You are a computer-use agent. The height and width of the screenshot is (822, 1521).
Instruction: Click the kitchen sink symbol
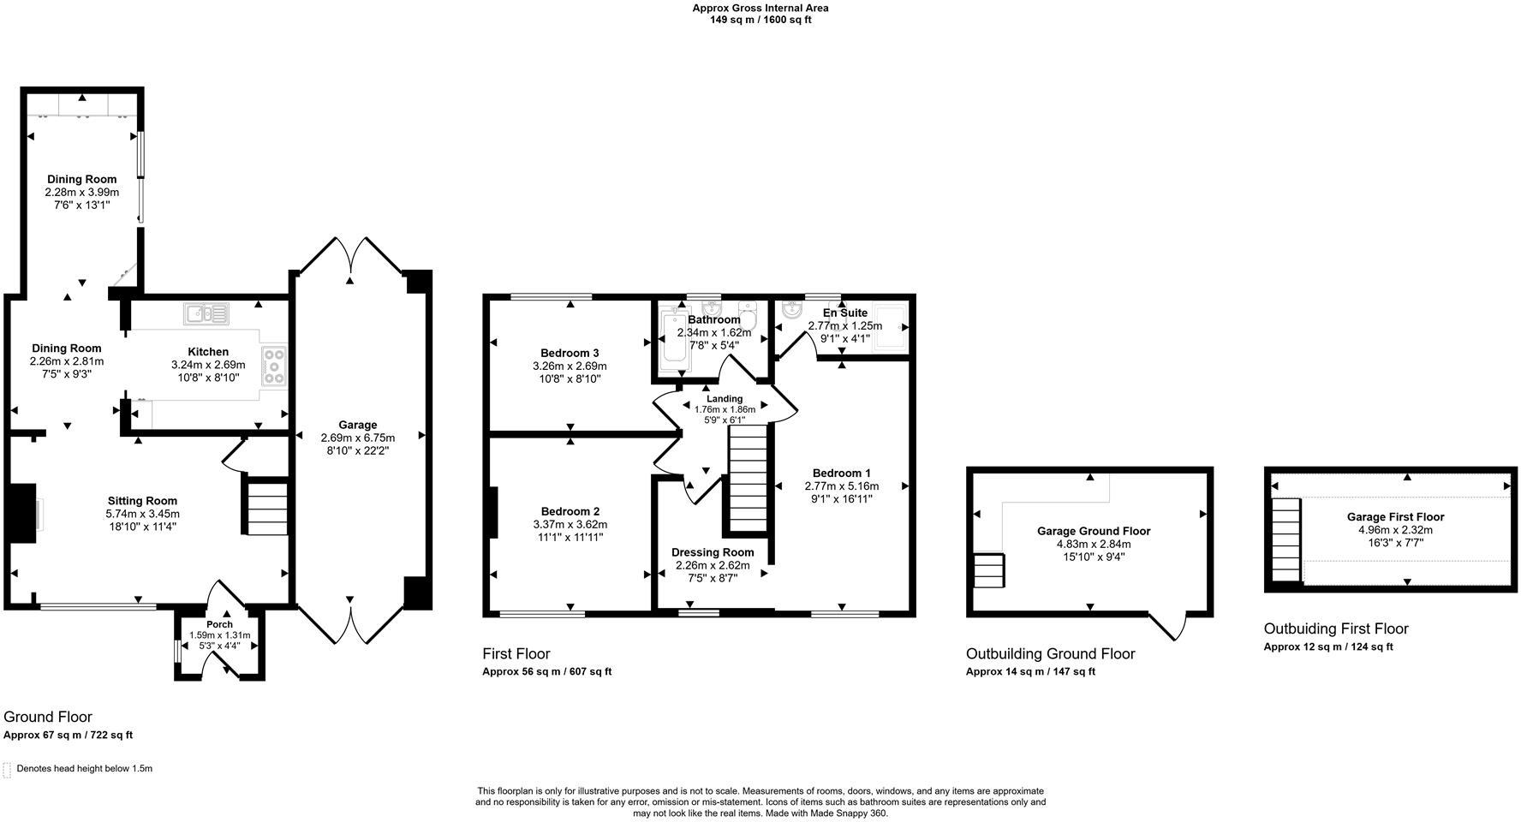[206, 314]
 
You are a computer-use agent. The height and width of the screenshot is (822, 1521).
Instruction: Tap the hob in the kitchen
[275, 366]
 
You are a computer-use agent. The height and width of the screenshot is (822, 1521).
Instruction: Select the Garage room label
[357, 425]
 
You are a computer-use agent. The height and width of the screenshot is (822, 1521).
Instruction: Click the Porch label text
[219, 624]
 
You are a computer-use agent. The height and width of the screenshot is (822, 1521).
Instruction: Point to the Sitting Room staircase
[267, 509]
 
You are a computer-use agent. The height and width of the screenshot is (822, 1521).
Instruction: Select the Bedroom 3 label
[570, 353]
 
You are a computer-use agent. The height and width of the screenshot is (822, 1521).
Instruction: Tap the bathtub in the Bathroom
[676, 341]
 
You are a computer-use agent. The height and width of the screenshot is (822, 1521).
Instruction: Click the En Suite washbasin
[791, 311]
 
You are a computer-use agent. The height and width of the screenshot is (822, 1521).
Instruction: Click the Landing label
[725, 398]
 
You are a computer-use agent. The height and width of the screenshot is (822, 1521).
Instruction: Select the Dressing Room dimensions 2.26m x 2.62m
[713, 565]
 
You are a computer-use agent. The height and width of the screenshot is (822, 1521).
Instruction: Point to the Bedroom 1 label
[841, 473]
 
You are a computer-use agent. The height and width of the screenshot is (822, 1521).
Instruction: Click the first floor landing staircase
[748, 479]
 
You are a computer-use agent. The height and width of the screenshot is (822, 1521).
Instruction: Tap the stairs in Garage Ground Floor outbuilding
[989, 570]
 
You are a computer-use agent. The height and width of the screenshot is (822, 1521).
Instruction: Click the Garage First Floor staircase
[1285, 539]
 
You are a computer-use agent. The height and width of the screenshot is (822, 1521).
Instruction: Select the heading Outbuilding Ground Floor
[1050, 654]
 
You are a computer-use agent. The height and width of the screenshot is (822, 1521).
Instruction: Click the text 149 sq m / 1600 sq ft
[760, 20]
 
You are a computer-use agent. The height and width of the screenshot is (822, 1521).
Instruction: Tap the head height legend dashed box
[8, 769]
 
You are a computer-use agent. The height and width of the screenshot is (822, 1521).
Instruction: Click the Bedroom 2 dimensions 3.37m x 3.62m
[570, 524]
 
